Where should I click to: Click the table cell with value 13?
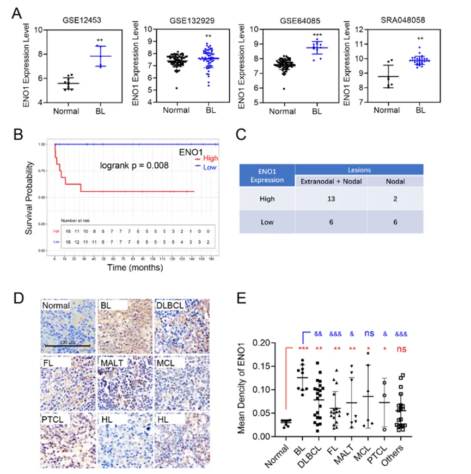(x=330, y=200)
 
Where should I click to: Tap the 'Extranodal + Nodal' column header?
(x=330, y=180)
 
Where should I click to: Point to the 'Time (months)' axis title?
(x=134, y=268)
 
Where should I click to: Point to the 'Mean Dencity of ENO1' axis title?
(x=252, y=390)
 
